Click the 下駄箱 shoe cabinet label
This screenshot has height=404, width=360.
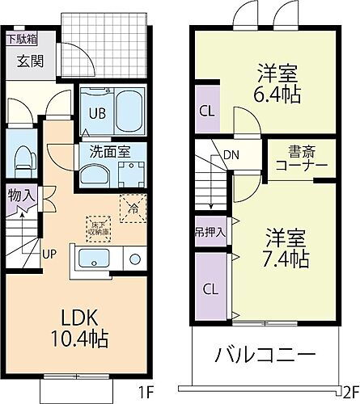(x=22, y=38)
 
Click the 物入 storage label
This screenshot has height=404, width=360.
(x=21, y=195)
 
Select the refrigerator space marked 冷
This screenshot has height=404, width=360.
(x=131, y=208)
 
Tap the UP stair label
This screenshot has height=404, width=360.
(x=49, y=254)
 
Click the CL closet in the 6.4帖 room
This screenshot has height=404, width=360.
(x=206, y=110)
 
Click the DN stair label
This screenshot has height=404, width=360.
(x=231, y=156)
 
